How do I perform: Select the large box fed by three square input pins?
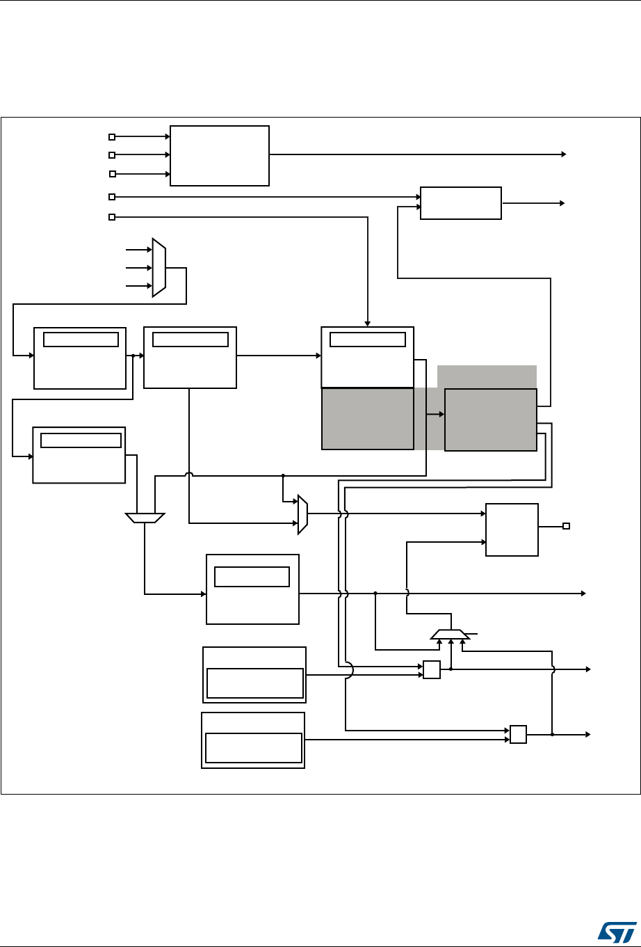pyautogui.click(x=219, y=156)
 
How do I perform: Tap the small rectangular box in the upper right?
pyautogui.click(x=460, y=203)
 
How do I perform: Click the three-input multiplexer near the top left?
pyautogui.click(x=159, y=267)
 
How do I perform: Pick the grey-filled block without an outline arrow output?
pyautogui.click(x=367, y=418)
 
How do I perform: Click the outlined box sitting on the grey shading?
pyautogui.click(x=490, y=420)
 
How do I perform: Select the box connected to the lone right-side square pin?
pyautogui.click(x=512, y=530)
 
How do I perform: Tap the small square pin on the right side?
pyautogui.click(x=566, y=526)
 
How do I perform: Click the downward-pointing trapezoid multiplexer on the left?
pyautogui.click(x=145, y=518)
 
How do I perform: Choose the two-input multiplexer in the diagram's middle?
pyautogui.click(x=302, y=514)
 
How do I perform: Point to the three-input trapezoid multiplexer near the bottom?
pyautogui.click(x=451, y=634)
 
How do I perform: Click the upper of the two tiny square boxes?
pyautogui.click(x=432, y=669)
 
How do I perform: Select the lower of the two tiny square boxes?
pyautogui.click(x=518, y=734)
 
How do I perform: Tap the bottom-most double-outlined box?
pyautogui.click(x=253, y=740)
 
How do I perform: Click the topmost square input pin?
pyautogui.click(x=112, y=137)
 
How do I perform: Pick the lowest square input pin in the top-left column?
pyautogui.click(x=112, y=217)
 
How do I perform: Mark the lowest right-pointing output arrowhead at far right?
pyautogui.click(x=587, y=734)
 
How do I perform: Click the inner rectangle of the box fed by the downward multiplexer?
pyautogui.click(x=252, y=577)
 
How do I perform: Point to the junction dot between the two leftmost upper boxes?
pyautogui.click(x=133, y=356)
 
